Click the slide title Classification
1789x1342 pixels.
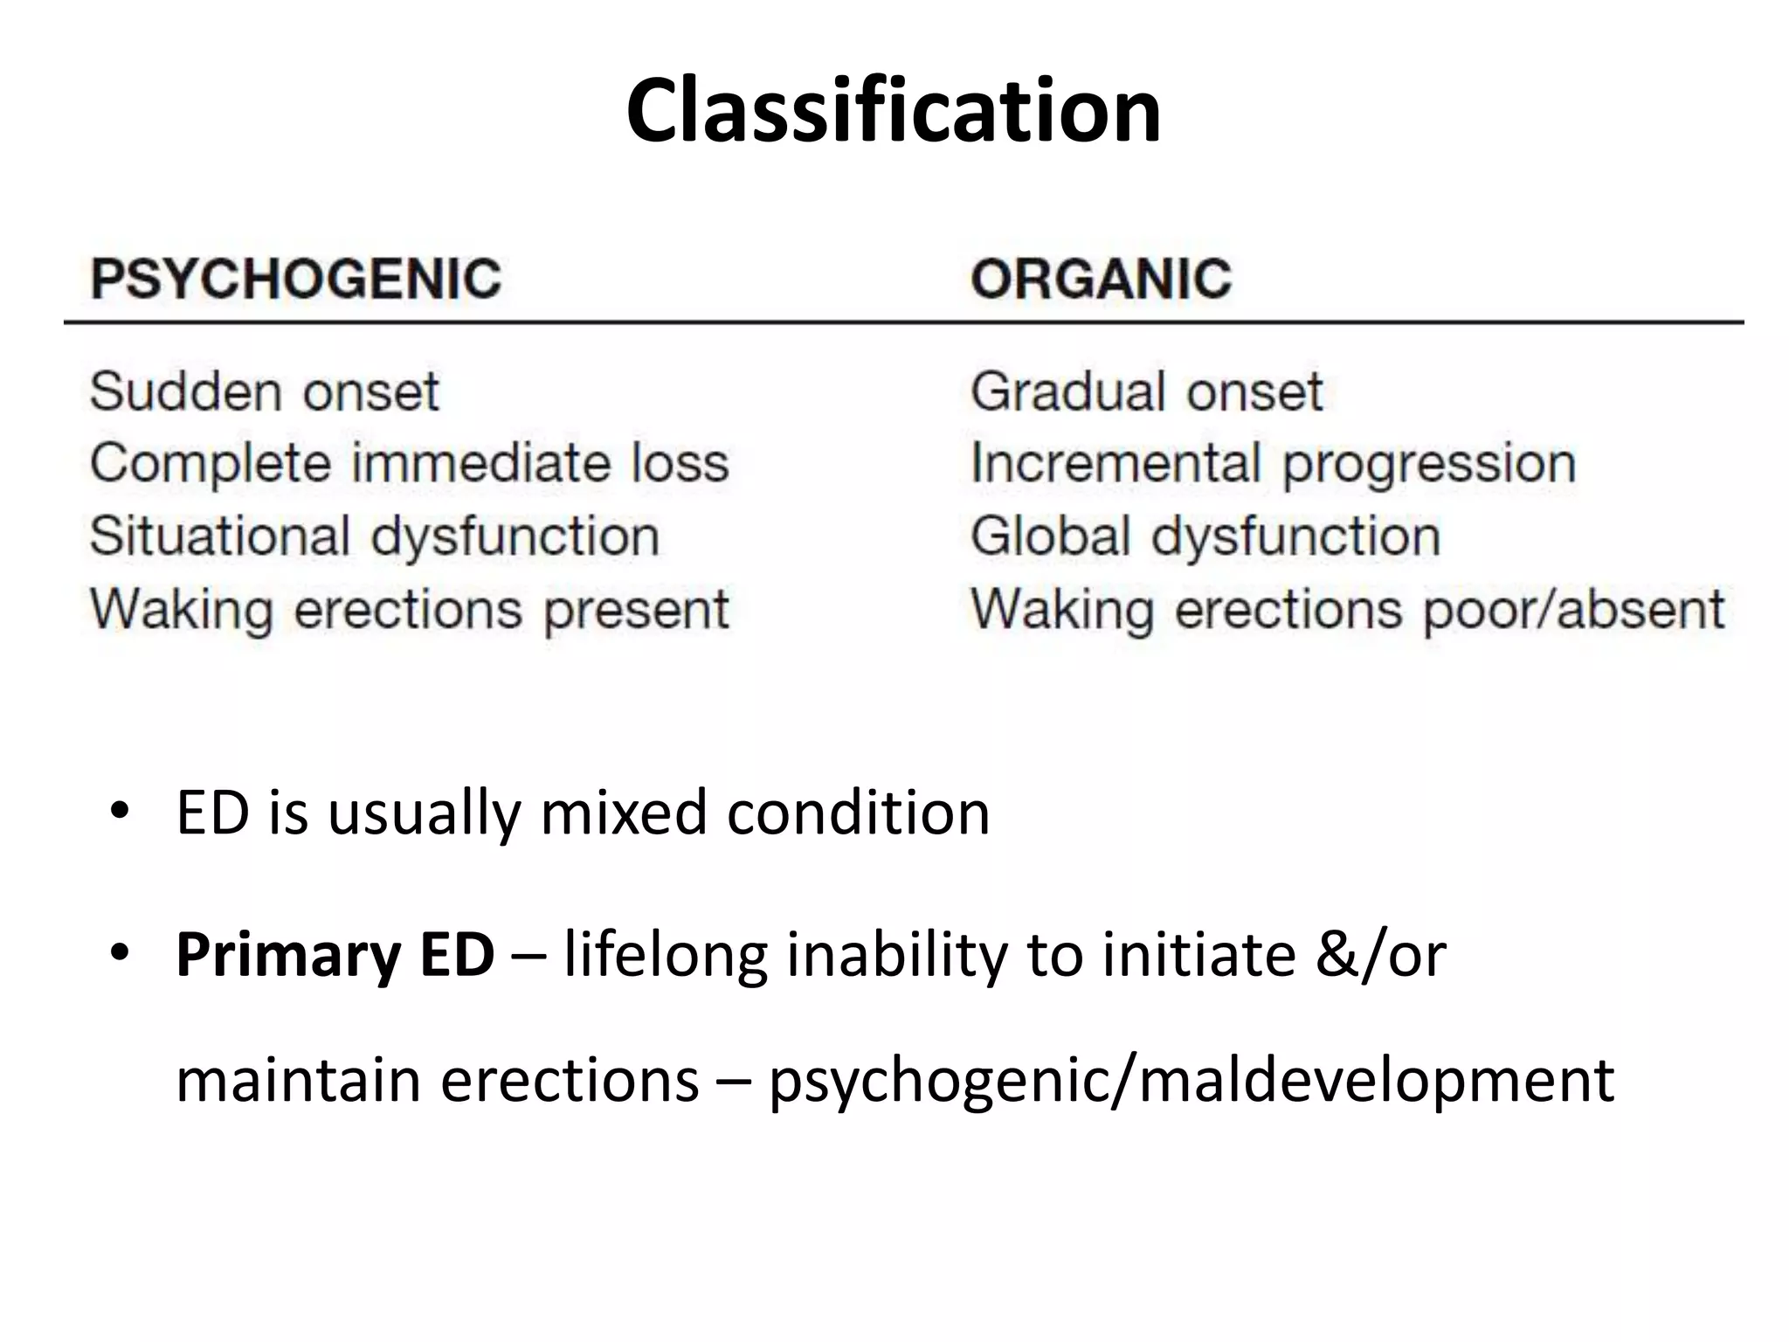(894, 111)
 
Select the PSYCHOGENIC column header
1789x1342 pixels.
(296, 280)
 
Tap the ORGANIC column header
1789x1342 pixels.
(1101, 280)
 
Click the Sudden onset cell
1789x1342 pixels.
(264, 391)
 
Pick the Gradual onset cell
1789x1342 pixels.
(1146, 391)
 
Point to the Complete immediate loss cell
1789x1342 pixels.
(409, 463)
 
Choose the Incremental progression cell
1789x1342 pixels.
(1273, 463)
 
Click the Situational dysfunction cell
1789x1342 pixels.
(374, 536)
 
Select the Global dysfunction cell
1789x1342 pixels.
(1205, 536)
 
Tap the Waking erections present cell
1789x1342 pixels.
(409, 609)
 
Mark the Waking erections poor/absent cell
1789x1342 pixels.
(1347, 609)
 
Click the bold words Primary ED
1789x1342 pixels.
(335, 954)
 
